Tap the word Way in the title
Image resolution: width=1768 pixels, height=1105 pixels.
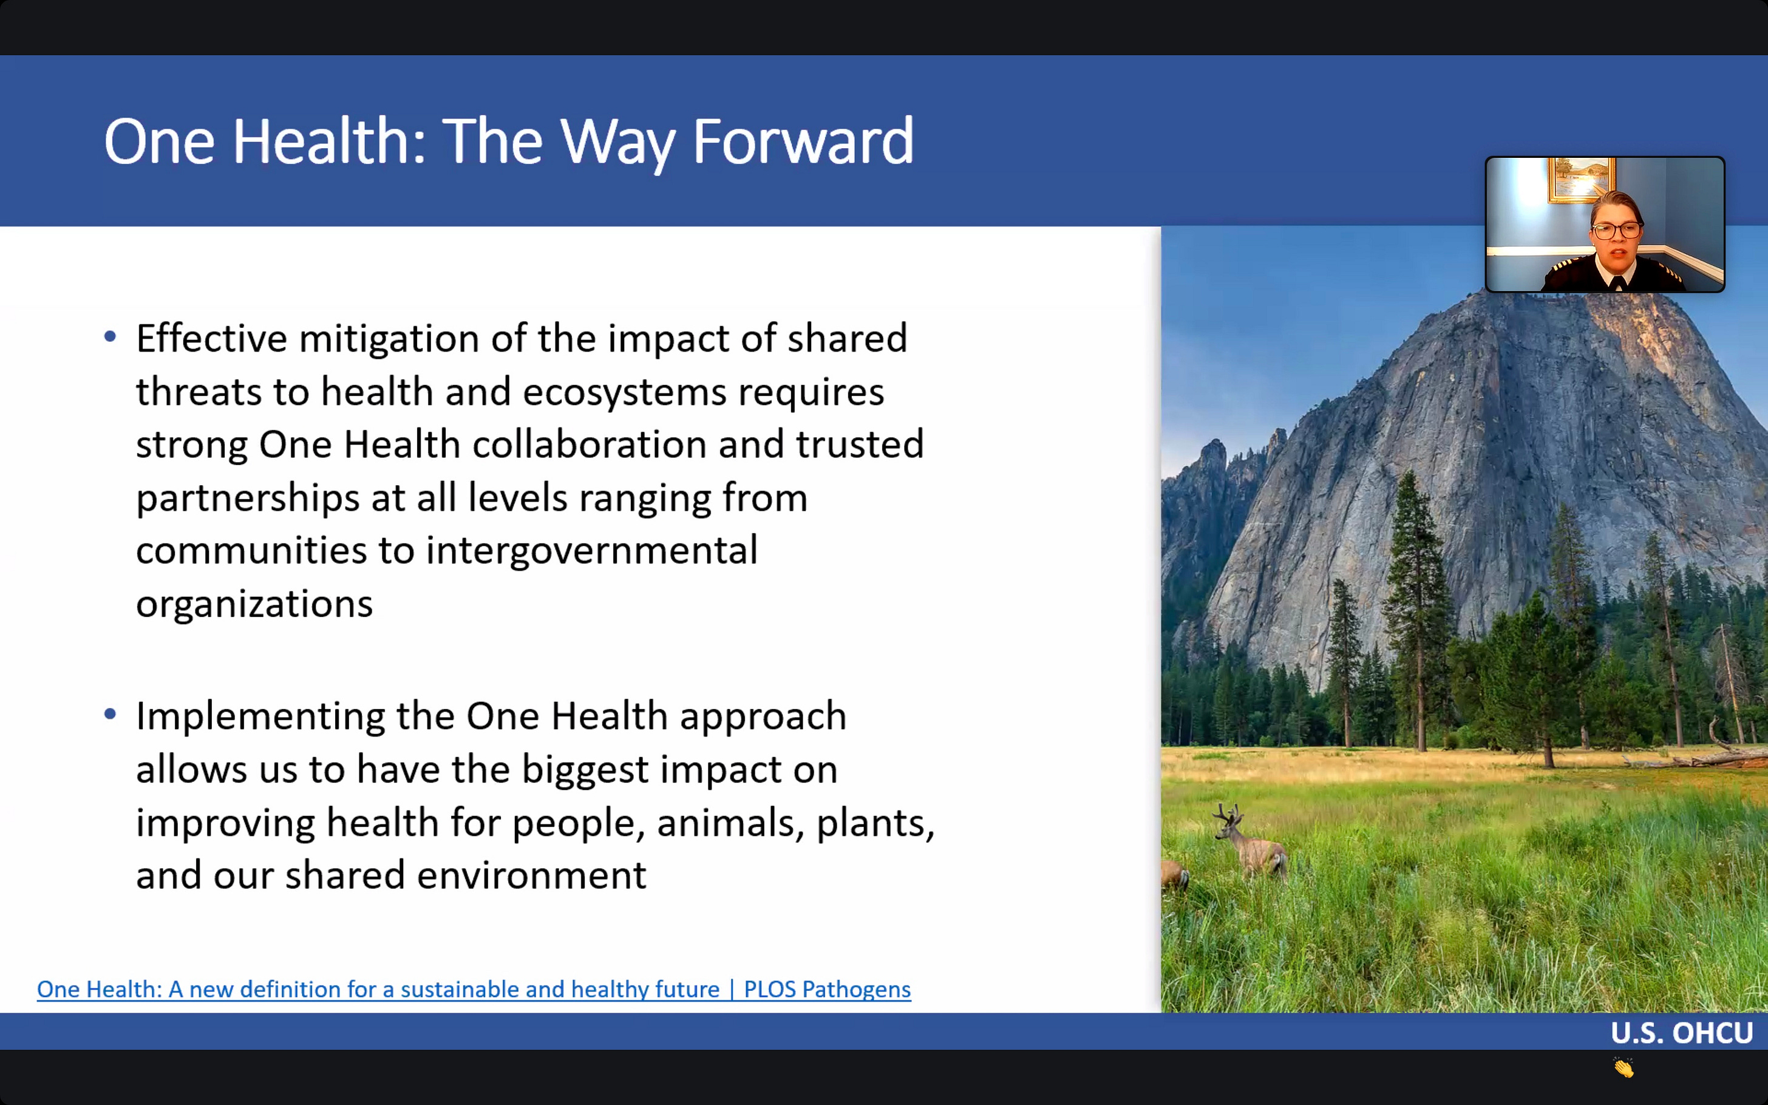(618, 144)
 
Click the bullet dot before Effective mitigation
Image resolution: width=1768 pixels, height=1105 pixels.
(110, 336)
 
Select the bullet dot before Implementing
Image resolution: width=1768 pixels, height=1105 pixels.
(110, 714)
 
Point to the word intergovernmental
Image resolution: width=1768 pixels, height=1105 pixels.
(592, 552)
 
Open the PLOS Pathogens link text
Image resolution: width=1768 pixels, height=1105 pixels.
(827, 990)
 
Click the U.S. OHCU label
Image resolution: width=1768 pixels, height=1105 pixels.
(1682, 1033)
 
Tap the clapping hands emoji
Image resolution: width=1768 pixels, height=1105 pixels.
(1624, 1068)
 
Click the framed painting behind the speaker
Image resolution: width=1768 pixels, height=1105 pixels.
(1581, 179)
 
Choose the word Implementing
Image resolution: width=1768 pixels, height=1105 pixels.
(260, 717)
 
